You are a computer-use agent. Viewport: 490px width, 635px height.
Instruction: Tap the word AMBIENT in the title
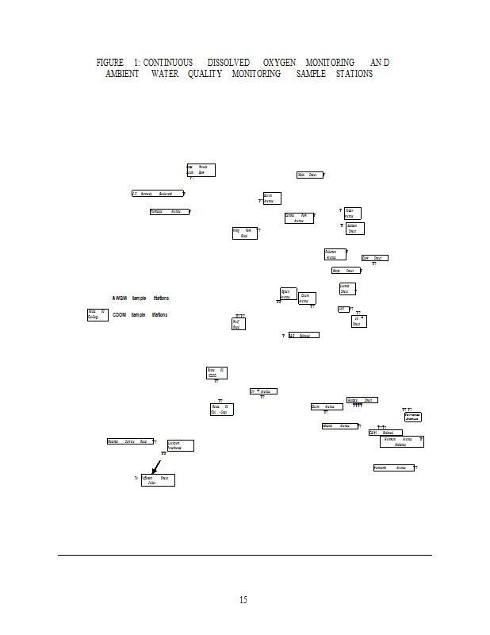click(x=122, y=74)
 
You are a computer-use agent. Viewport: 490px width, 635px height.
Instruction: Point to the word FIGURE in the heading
click(x=110, y=62)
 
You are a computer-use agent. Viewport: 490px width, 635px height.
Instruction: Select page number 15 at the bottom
click(x=243, y=600)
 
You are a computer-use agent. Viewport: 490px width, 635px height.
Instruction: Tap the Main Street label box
click(x=309, y=175)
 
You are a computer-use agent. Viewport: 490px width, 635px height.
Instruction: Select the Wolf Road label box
click(x=239, y=324)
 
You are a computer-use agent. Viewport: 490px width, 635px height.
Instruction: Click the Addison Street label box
click(x=354, y=229)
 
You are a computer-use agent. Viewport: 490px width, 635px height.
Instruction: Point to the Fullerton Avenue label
click(x=334, y=255)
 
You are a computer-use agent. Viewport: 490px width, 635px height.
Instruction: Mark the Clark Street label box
click(x=374, y=258)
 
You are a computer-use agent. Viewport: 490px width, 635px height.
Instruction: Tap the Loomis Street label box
click(x=346, y=289)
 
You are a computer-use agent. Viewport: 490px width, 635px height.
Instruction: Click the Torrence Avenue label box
click(x=412, y=417)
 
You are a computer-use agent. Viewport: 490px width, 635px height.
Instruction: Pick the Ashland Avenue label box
click(x=339, y=426)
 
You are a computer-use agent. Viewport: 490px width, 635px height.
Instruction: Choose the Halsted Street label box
click(x=362, y=400)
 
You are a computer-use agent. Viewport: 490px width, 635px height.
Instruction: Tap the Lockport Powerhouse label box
click(x=180, y=445)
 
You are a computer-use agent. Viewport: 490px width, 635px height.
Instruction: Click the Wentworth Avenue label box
click(x=394, y=468)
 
